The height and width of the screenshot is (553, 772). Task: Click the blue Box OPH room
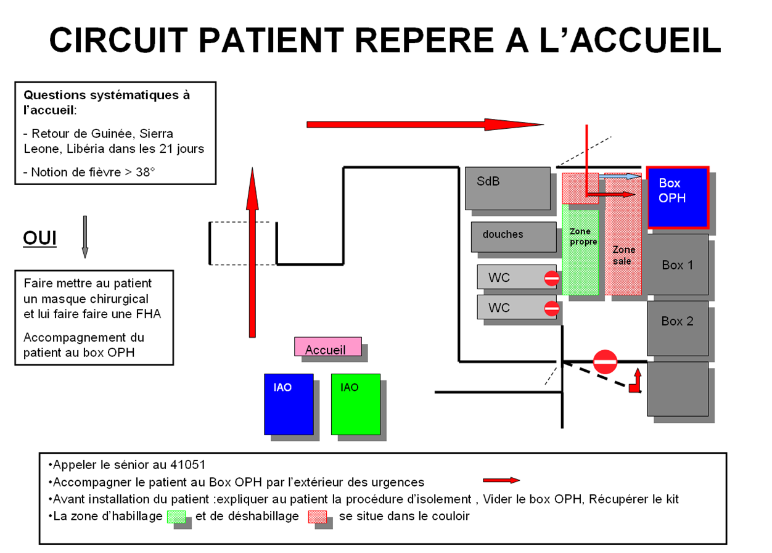click(677, 197)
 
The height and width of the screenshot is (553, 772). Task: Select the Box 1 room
click(677, 264)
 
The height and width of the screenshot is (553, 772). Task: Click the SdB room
click(507, 188)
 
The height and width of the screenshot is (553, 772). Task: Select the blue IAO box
click(289, 404)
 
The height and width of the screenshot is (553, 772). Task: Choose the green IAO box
click(355, 404)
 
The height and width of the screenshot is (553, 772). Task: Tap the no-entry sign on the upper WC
click(551, 278)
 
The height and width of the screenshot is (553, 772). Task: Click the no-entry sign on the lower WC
click(551, 308)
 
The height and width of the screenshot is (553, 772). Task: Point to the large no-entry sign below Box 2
click(604, 362)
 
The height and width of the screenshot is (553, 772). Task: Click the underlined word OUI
click(39, 239)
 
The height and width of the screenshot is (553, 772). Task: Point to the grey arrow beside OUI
click(85, 237)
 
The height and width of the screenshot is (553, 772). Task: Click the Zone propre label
click(583, 237)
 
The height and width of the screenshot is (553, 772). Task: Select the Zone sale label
click(623, 255)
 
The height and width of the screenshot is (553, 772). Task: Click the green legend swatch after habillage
click(176, 517)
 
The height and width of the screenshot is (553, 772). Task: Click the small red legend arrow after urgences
click(501, 480)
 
